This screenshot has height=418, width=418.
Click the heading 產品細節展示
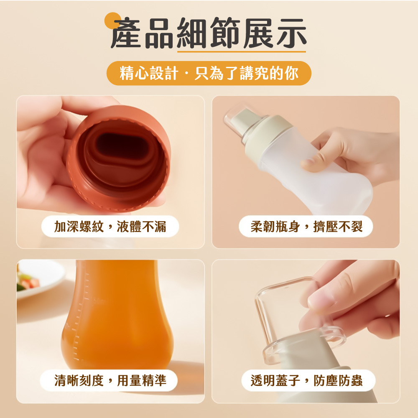[209, 33]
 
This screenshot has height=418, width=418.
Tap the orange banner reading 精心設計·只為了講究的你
[209, 73]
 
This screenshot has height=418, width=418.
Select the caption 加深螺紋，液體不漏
[110, 227]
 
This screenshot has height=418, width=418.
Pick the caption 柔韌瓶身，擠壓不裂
[306, 227]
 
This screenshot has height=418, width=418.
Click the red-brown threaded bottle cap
[119, 158]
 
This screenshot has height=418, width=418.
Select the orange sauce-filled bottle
[117, 315]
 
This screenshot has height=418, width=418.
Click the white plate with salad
[40, 278]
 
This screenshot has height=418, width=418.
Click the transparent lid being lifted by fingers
[298, 320]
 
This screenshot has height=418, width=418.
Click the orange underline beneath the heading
[242, 51]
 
